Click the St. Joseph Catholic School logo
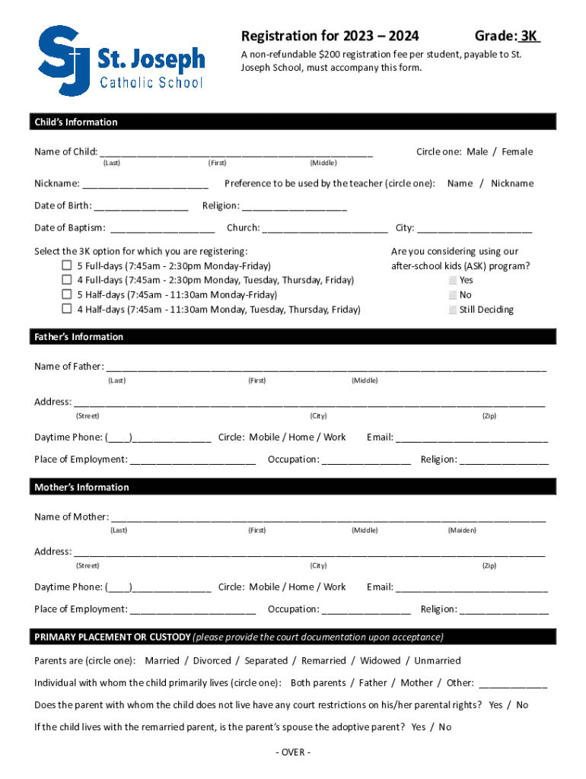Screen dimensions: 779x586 [122, 61]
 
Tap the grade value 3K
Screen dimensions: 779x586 [530, 36]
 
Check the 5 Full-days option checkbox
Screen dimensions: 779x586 [67, 266]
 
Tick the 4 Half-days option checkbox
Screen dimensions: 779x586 [67, 309]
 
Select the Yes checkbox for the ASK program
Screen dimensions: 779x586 [453, 281]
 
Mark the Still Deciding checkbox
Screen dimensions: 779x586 [453, 310]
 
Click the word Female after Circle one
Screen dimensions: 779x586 [518, 152]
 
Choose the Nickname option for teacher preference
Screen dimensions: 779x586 [512, 183]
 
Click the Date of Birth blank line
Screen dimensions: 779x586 [142, 206]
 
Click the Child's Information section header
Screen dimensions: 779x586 [75, 122]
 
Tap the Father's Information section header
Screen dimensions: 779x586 [78, 337]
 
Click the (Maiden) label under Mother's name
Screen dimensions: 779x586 [462, 530]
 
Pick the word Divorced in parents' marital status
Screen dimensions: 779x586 [212, 661]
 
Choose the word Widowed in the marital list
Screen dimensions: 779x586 [380, 661]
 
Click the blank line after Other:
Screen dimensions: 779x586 [513, 684]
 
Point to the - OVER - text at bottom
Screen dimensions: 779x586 [292, 752]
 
